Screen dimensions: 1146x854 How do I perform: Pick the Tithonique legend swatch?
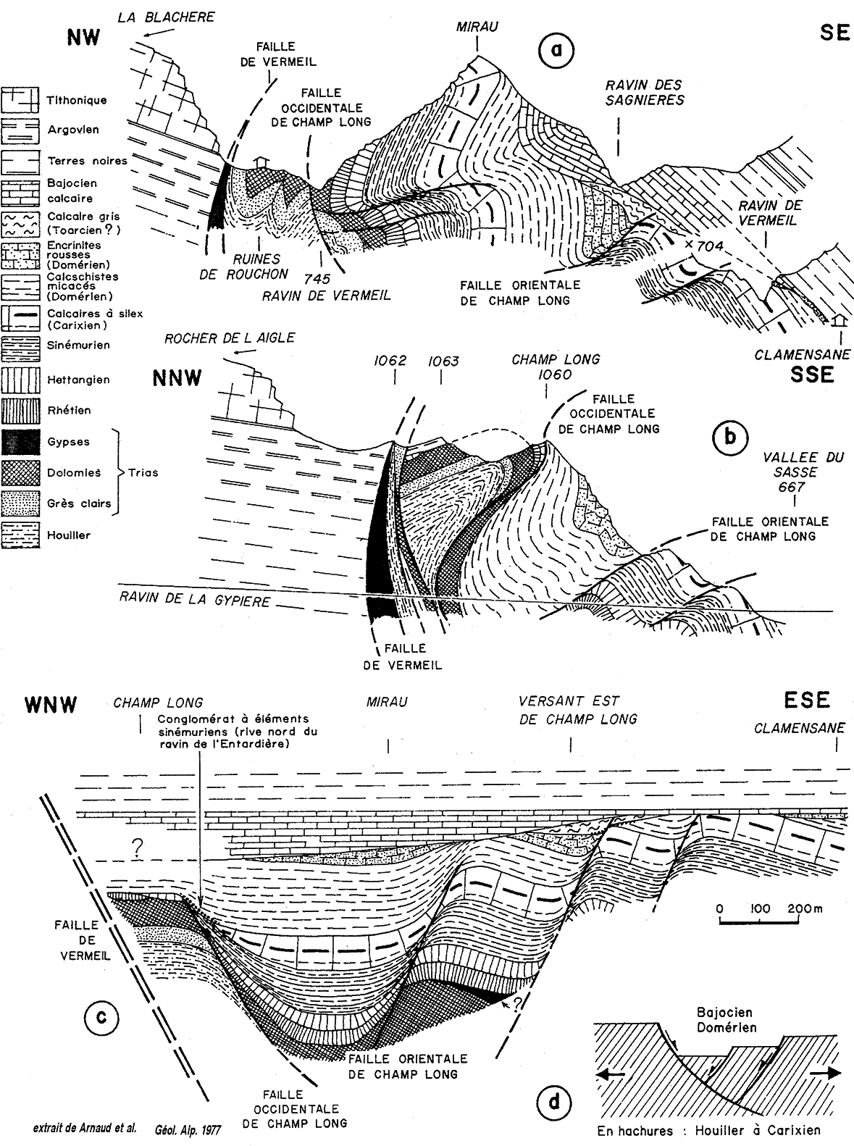click(x=21, y=100)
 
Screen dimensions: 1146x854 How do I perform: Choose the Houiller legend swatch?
click(x=21, y=535)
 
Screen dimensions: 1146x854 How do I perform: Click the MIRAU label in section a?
click(x=478, y=28)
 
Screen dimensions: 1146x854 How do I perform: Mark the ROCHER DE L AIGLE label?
click(x=230, y=338)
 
